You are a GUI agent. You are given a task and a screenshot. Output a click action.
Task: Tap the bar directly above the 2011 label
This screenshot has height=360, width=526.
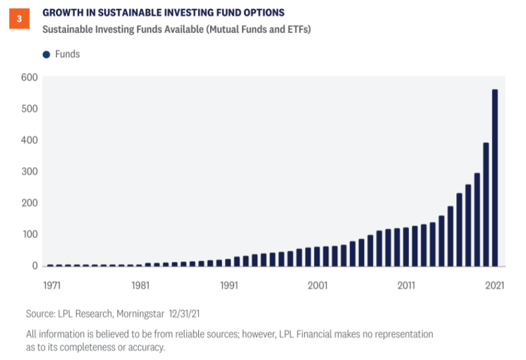point(406,246)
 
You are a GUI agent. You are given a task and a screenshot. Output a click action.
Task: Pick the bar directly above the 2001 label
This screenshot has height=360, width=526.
point(317,256)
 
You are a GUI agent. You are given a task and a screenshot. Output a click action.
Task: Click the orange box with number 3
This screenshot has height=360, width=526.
point(19,18)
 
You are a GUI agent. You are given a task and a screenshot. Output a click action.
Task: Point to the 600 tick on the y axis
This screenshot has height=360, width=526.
point(30,77)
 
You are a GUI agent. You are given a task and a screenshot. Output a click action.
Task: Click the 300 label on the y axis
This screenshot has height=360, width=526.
point(30,171)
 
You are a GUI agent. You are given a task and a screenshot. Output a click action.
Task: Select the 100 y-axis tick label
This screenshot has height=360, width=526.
point(30,234)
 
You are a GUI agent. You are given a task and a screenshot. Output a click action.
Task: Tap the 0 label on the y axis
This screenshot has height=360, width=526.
point(35,265)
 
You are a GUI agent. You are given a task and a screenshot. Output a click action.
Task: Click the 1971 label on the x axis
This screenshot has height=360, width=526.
point(51,285)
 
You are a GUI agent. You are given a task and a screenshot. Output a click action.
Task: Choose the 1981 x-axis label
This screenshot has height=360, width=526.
point(140,285)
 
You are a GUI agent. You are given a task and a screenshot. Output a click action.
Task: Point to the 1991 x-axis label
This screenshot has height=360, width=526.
point(228,285)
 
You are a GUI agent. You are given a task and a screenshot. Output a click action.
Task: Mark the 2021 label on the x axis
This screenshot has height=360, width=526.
point(494,285)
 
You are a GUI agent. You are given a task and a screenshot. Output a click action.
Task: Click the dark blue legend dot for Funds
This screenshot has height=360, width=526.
point(46,54)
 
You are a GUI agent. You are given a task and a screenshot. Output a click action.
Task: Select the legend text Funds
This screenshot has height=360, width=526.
point(67,54)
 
